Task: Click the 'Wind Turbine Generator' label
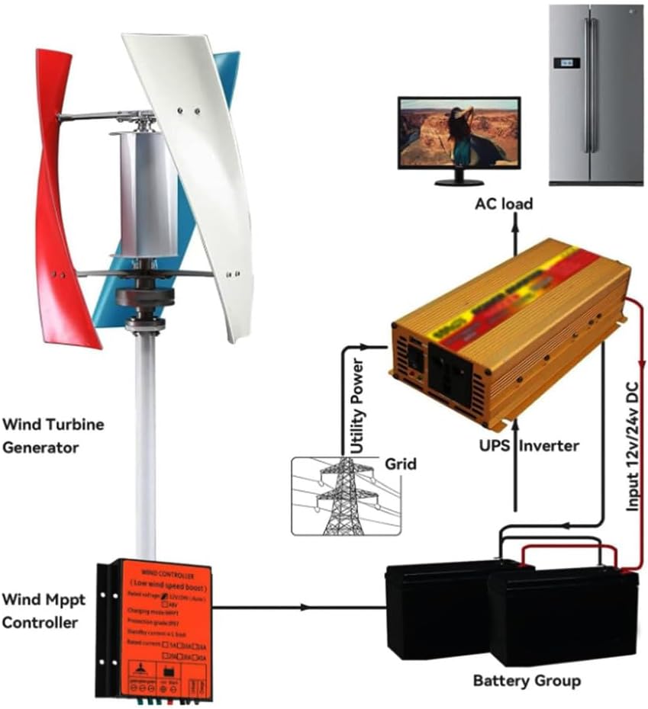[x=53, y=435]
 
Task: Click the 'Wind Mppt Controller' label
[x=44, y=611]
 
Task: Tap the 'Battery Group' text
[x=527, y=680]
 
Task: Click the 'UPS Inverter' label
[x=519, y=445]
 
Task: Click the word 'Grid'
[x=400, y=463]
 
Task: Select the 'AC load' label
[x=504, y=204]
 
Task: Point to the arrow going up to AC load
[x=515, y=233]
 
